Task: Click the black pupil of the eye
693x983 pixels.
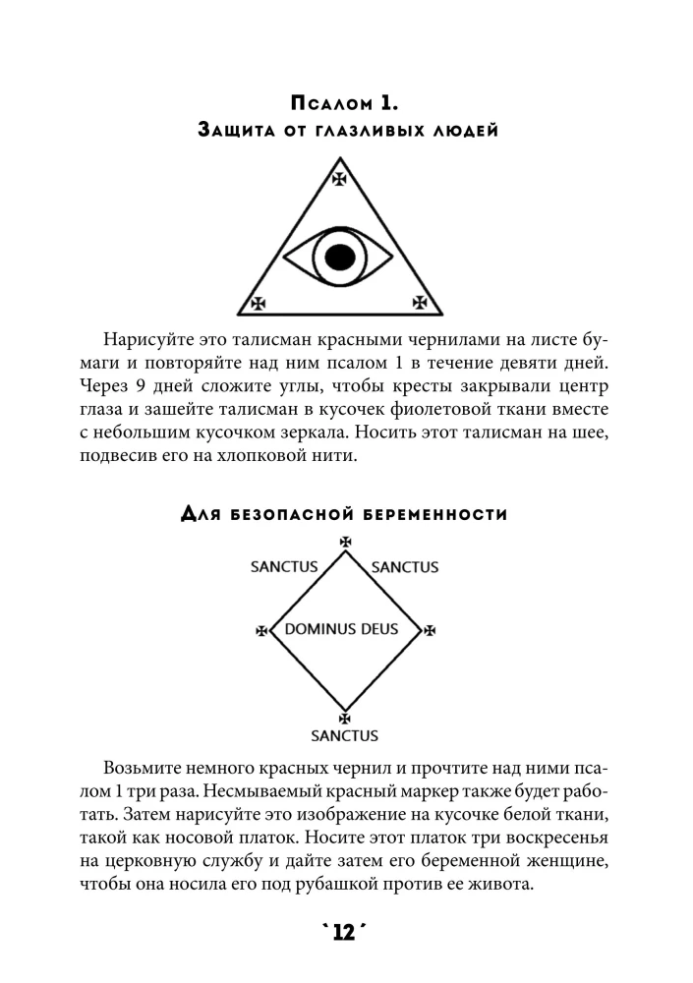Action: [x=339, y=258]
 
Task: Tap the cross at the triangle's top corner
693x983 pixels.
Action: [x=339, y=178]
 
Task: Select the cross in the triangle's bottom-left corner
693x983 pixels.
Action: [x=259, y=304]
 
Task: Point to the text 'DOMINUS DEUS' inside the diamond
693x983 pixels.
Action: [x=341, y=628]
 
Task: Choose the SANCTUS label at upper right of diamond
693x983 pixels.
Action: [x=405, y=567]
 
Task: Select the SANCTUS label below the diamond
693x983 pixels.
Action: [x=344, y=735]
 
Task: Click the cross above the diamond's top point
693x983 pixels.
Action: [x=344, y=542]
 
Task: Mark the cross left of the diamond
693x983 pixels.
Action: [x=260, y=629]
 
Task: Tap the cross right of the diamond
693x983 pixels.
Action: [x=429, y=629]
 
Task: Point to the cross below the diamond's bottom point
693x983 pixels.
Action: [x=344, y=719]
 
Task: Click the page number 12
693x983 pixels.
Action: [x=344, y=931]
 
